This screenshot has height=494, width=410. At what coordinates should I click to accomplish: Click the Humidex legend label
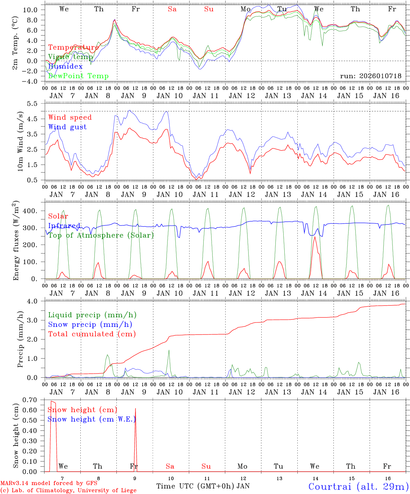tap(65, 67)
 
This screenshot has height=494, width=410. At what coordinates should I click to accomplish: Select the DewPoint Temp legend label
tap(78, 76)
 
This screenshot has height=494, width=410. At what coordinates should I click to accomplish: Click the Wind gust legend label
tap(67, 127)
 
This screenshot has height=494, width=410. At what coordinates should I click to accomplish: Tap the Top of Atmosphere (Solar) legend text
tap(101, 235)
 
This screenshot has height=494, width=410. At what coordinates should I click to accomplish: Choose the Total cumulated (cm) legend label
tap(92, 334)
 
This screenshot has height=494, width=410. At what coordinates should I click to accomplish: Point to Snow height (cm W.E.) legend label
tap(91, 419)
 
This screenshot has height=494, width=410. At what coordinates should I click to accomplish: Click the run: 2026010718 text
tap(371, 76)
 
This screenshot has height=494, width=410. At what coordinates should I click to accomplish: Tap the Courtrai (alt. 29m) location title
tap(358, 486)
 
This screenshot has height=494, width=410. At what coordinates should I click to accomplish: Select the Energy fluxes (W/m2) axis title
tap(16, 240)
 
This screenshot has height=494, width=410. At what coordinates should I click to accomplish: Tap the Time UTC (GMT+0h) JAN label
tap(203, 486)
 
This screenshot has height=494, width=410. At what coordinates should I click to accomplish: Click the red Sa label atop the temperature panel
tap(172, 9)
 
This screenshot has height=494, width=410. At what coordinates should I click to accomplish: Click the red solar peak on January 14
tap(315, 237)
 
